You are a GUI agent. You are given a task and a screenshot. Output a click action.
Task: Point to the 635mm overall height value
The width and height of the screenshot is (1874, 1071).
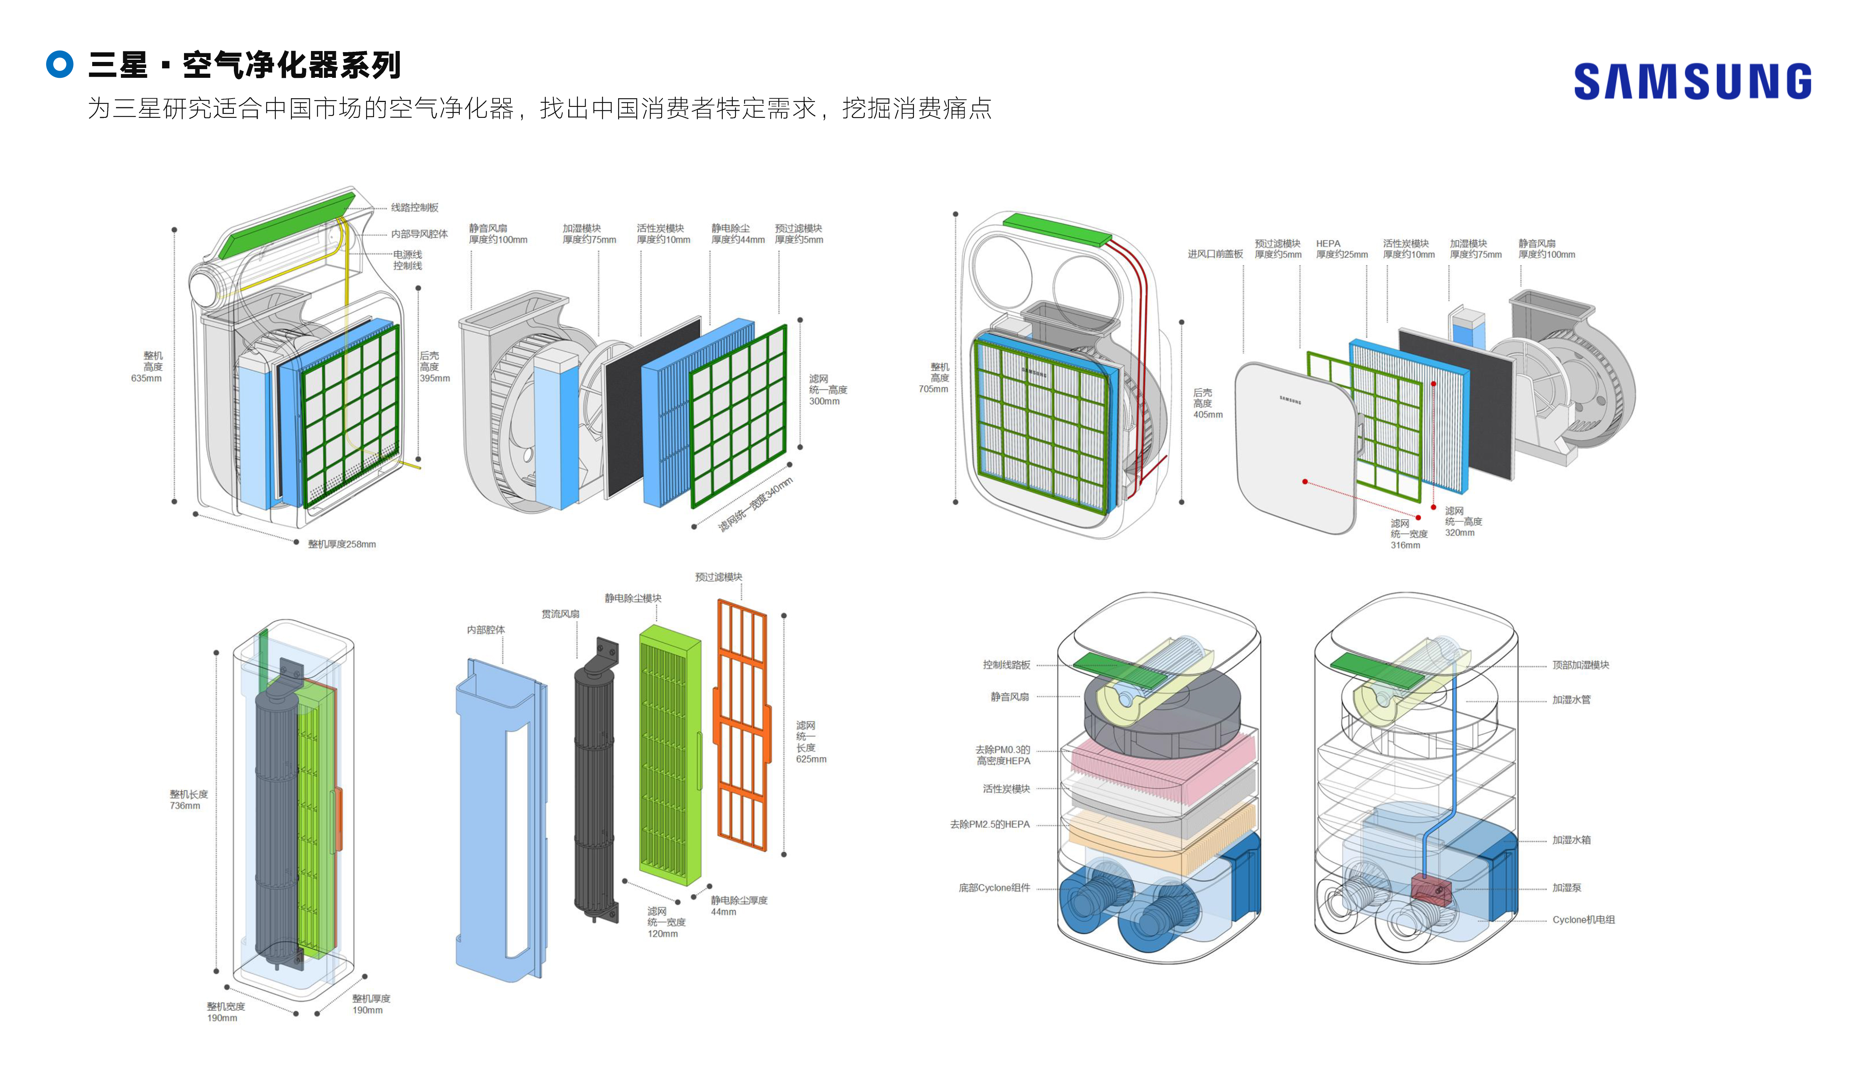146,378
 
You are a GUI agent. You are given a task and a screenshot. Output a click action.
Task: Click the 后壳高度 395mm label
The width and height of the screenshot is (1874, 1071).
434,366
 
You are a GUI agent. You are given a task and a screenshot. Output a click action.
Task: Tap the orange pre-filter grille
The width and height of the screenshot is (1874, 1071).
741,725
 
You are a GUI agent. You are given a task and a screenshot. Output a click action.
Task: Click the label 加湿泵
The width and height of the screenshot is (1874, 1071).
1566,888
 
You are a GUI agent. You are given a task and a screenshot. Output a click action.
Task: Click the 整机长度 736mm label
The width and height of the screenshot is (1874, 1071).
188,800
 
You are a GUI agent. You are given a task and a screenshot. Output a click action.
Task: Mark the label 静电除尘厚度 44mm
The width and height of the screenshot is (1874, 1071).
738,906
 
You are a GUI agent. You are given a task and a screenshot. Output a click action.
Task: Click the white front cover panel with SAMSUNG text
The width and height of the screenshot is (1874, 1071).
1294,449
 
